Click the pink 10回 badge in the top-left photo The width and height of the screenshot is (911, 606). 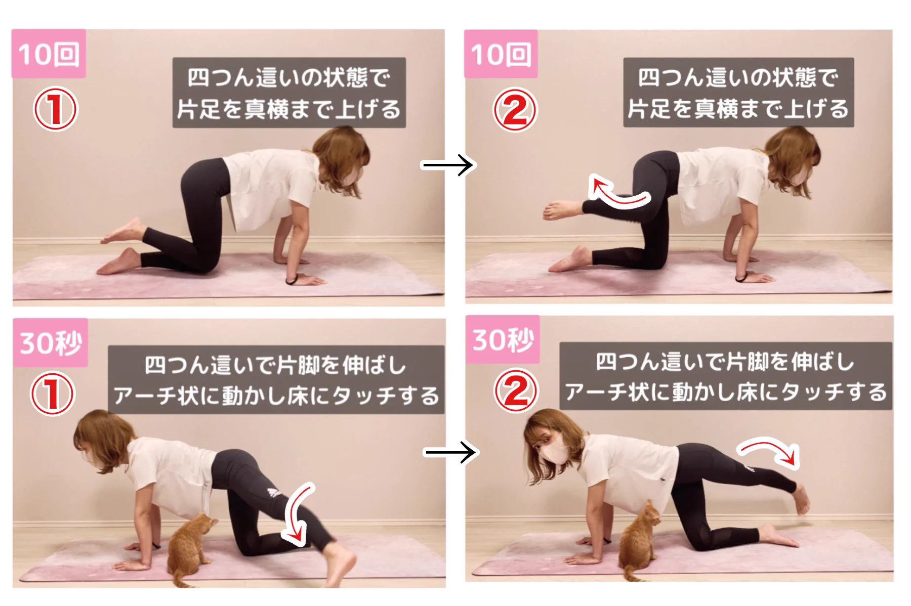(49, 54)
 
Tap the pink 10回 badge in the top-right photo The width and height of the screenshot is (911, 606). (501, 54)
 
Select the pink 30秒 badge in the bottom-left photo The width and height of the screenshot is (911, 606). (50, 342)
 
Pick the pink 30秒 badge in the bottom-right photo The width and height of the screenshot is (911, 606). (503, 339)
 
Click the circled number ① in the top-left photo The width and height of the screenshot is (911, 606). (55, 109)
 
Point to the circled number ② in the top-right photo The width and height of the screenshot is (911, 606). (515, 110)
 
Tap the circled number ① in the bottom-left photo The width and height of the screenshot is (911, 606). (53, 394)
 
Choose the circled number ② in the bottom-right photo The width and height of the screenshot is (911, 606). (516, 391)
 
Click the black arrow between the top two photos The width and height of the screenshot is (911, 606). (448, 165)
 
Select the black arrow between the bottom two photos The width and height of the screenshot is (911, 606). (450, 452)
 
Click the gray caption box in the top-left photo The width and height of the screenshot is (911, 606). (288, 93)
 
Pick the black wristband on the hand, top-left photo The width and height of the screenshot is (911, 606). (291, 280)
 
